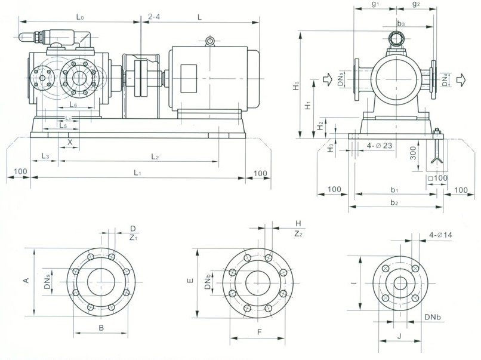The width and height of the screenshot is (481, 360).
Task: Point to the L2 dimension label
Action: pos(155,156)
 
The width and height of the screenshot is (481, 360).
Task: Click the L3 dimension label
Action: pos(45,156)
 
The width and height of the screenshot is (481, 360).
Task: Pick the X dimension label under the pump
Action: pos(70,142)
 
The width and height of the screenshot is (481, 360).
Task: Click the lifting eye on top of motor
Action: pos(209,41)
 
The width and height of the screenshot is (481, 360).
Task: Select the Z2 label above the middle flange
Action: pos(297,233)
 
